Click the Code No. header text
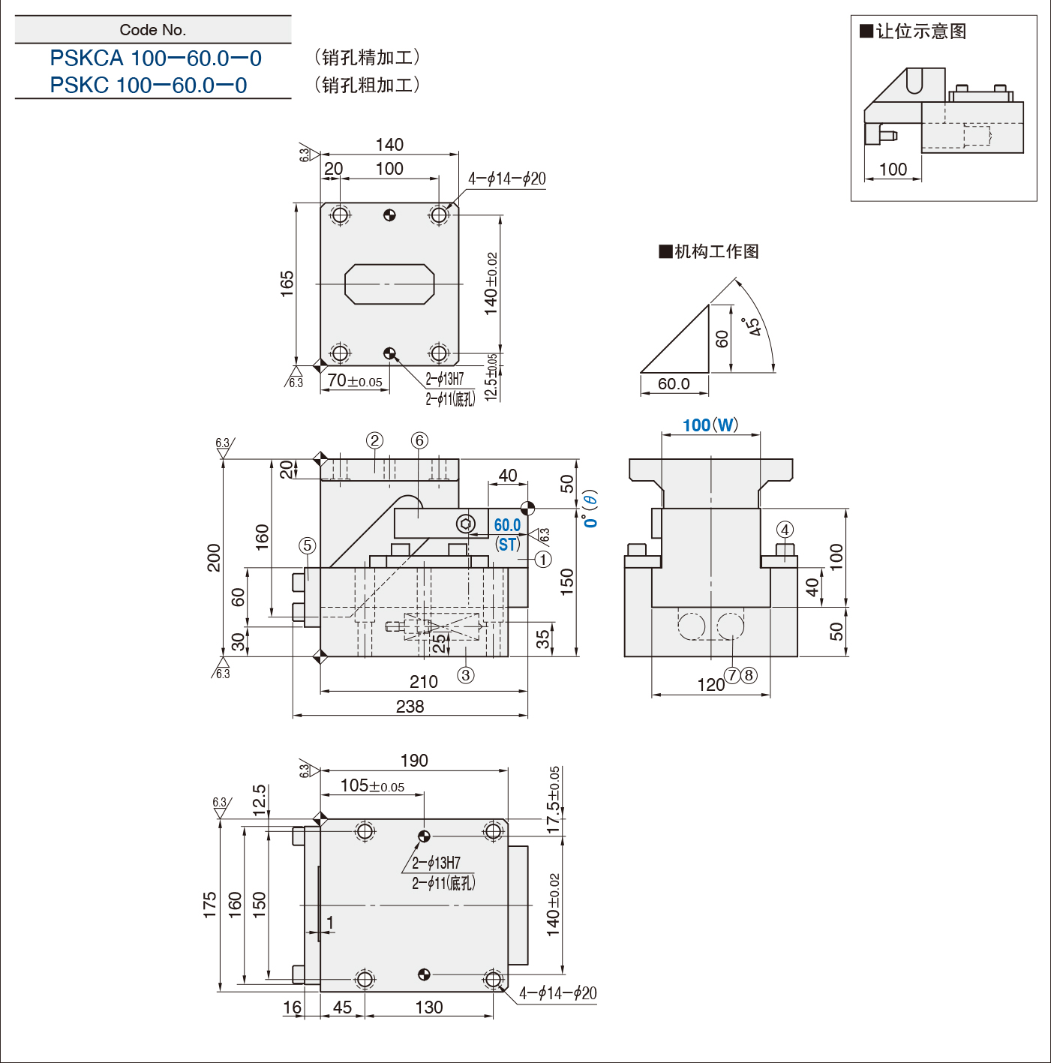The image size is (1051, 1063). (153, 30)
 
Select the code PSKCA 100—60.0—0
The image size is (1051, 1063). (155, 59)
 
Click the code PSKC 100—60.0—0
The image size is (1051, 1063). (149, 86)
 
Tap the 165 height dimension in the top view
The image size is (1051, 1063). (287, 284)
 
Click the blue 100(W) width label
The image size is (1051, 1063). (710, 425)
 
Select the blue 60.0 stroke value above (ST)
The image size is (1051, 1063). (507, 524)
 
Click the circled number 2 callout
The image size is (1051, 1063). (374, 440)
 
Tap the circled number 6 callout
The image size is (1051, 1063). (419, 440)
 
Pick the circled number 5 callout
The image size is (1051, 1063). (308, 545)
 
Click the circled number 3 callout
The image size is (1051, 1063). (466, 674)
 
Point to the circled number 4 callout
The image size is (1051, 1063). (785, 530)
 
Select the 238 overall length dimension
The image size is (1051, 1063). (410, 707)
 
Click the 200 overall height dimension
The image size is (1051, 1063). (214, 557)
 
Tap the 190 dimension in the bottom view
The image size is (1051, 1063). (414, 761)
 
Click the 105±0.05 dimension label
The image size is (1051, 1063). (372, 785)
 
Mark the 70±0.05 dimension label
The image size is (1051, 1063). (355, 380)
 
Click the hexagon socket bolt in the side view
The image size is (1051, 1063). (466, 524)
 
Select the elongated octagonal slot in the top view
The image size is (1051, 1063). (389, 284)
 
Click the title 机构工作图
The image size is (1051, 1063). (709, 251)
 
